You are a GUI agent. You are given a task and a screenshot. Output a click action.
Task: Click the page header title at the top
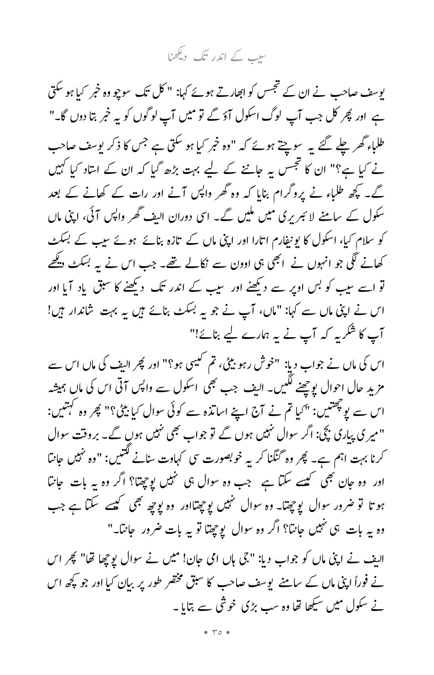217,57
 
